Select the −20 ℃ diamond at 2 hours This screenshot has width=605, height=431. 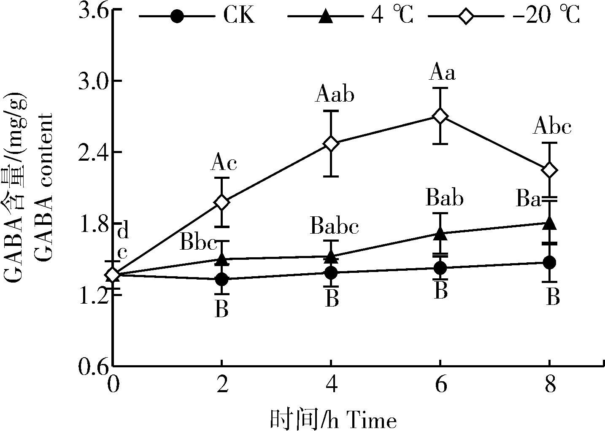(222, 202)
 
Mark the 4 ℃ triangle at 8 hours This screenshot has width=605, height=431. (549, 223)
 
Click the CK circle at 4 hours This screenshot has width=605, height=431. (331, 272)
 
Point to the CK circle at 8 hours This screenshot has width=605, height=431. (549, 262)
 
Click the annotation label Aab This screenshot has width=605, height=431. (334, 95)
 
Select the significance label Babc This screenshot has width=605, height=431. (334, 227)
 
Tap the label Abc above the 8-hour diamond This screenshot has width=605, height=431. (552, 127)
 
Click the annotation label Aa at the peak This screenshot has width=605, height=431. (442, 73)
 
